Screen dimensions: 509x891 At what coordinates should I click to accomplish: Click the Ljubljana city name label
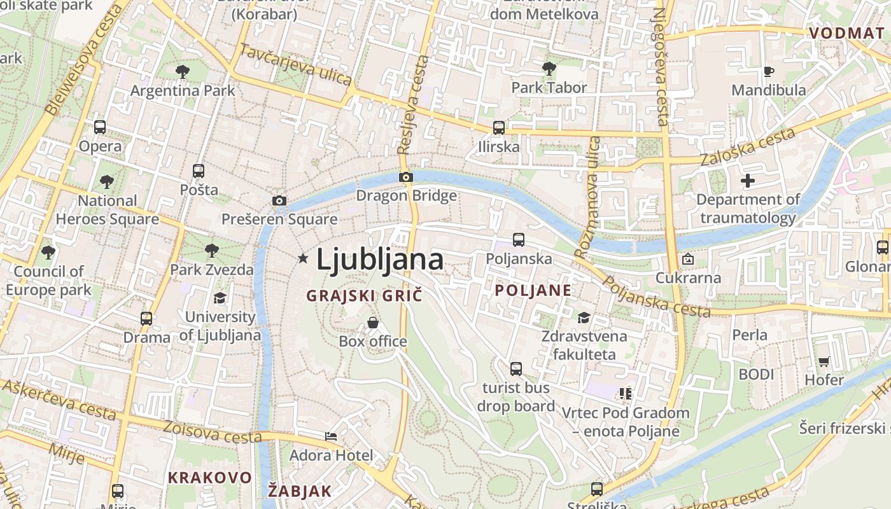click(380, 260)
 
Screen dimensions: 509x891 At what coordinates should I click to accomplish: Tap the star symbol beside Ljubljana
click(303, 258)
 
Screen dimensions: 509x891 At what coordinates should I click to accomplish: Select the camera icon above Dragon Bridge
click(406, 177)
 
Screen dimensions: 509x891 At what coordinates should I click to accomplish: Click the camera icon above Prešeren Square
click(279, 201)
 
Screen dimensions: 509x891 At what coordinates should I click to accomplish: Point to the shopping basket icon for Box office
click(373, 323)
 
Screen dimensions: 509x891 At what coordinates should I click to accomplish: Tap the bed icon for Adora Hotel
click(331, 436)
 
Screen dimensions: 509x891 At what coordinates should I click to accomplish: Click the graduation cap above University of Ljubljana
click(220, 298)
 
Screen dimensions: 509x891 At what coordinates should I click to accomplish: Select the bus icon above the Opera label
click(100, 127)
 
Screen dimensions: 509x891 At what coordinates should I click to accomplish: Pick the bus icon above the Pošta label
click(199, 171)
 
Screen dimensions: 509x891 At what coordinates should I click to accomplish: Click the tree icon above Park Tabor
click(549, 69)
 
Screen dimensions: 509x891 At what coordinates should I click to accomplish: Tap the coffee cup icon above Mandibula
click(768, 71)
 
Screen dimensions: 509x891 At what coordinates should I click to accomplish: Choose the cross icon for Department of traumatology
click(748, 181)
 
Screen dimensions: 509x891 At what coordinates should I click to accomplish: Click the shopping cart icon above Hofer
click(824, 361)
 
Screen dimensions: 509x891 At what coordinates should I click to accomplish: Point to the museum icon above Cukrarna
click(688, 259)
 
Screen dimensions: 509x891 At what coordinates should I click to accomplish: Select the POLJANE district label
click(533, 291)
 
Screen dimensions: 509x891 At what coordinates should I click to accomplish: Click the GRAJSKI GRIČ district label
click(364, 296)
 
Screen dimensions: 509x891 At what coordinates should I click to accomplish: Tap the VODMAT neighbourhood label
click(846, 34)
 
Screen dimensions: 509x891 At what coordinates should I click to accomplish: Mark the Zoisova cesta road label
click(212, 432)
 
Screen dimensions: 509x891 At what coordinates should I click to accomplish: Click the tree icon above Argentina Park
click(183, 72)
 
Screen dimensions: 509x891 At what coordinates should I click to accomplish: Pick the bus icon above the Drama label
click(146, 318)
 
